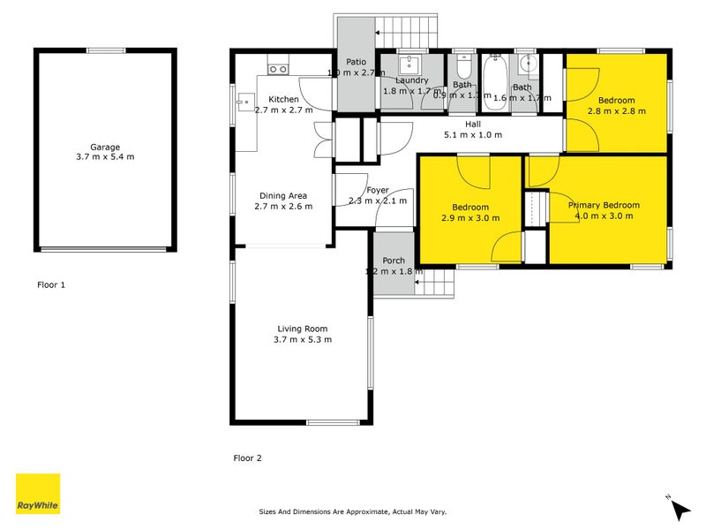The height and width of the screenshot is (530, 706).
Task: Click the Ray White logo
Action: pos(38,494)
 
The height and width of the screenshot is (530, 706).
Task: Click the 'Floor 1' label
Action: pos(51,285)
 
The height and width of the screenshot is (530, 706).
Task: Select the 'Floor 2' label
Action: pos(247,458)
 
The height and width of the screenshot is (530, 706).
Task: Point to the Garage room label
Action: pos(104,148)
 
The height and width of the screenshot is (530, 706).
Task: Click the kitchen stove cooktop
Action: pos(279,68)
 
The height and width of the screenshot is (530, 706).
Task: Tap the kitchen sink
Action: pos(243,102)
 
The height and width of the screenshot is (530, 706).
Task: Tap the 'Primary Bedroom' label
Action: pos(605,205)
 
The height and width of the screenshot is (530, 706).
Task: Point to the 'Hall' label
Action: pos(473,125)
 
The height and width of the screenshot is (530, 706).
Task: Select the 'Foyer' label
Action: pos(378,190)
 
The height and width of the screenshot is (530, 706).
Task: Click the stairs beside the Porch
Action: pos(434,283)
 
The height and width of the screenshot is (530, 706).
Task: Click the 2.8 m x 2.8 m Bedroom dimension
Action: pos(616,111)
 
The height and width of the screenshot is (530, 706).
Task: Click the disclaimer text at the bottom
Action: pos(352,511)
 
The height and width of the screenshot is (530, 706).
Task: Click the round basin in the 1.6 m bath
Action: pos(527,64)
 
